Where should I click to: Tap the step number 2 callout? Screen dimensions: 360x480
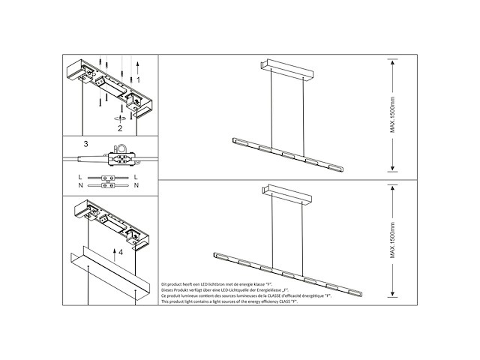(x=118, y=128)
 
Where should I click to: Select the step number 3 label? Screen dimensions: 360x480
(x=86, y=142)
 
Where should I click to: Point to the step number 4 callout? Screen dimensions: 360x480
(x=120, y=253)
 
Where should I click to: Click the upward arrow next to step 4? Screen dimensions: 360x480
(x=112, y=252)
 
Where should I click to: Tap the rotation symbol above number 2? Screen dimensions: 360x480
(x=118, y=118)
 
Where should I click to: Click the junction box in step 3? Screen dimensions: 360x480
(x=118, y=159)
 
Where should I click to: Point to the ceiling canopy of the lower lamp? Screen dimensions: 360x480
(x=286, y=196)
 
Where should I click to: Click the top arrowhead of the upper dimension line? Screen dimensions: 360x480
(x=391, y=64)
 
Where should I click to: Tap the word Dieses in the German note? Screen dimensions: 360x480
(x=168, y=292)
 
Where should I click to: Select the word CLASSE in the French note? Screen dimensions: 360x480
(x=279, y=298)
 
